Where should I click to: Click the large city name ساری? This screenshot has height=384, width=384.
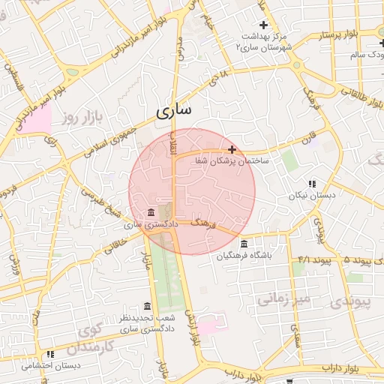(174, 110)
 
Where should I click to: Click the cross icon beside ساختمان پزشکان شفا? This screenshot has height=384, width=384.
(232, 149)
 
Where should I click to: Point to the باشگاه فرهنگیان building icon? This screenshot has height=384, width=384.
(244, 244)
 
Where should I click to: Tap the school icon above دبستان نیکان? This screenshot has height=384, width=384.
(312, 184)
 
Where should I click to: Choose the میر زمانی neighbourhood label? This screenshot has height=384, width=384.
(283, 299)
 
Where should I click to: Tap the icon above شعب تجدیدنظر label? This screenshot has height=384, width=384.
(146, 307)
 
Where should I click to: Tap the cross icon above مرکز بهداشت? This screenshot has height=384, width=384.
(263, 25)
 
